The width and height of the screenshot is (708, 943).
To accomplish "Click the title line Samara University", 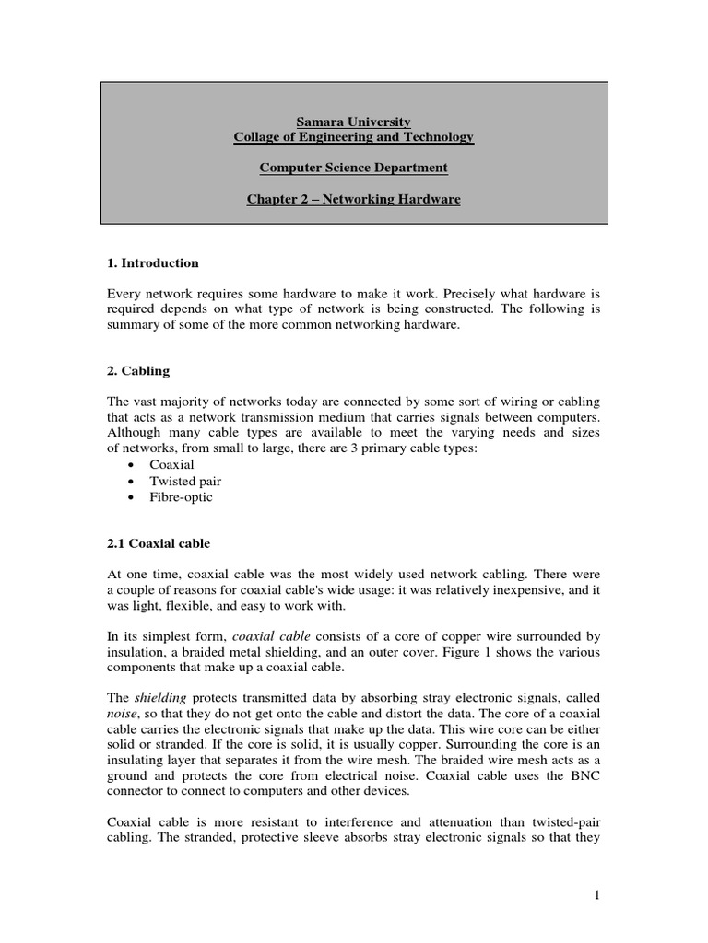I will coord(353,122).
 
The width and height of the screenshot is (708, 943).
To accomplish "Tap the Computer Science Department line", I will coord(353,168).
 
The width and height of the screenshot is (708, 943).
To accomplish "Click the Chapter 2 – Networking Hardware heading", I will coord(353,199).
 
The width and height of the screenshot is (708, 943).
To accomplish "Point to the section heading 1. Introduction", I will coord(153,263).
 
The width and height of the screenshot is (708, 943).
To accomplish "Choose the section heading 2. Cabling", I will coord(138,371).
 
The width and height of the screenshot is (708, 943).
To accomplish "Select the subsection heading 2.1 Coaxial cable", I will coord(159,543).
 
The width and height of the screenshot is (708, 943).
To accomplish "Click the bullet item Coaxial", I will coord(171,465).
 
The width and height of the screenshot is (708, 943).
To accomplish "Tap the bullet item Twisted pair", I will coord(185,481).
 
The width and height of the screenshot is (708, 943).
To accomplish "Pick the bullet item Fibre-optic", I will coord(181,497).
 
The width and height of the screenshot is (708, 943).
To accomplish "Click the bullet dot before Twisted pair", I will coord(133,482).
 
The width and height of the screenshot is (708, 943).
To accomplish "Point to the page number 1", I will coord(597,894).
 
